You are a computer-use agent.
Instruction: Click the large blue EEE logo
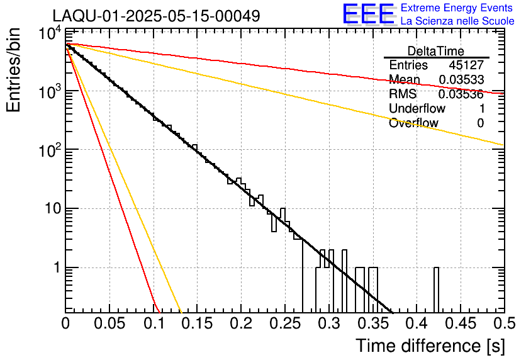(x=368, y=14)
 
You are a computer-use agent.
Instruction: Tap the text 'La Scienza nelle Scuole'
(x=457, y=21)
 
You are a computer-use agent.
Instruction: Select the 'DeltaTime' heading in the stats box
(x=436, y=51)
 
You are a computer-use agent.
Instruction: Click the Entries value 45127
(x=466, y=65)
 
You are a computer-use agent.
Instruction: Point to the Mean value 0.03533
(x=461, y=80)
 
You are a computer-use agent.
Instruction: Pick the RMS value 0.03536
(x=461, y=94)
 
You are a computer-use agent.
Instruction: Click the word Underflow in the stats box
(x=417, y=109)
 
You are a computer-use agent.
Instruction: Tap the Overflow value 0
(x=480, y=123)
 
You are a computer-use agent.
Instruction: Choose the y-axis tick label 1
(x=55, y=267)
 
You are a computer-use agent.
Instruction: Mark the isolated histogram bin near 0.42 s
(x=437, y=290)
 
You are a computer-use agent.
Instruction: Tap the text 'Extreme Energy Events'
(x=456, y=8)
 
